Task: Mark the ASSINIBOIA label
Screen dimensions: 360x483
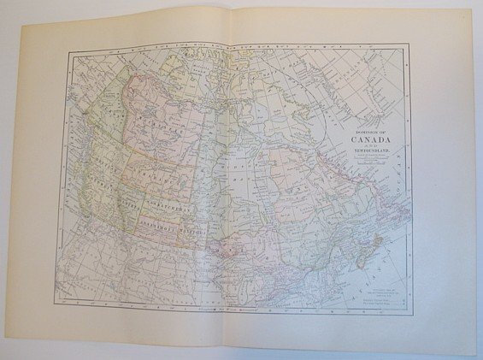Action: click(176, 225)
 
